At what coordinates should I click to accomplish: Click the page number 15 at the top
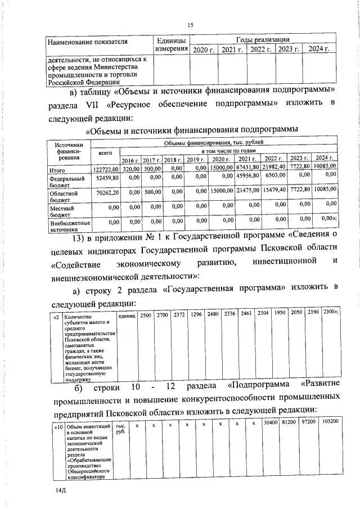tap(190, 25)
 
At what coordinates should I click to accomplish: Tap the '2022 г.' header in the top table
tap(262, 51)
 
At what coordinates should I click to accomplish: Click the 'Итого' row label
tap(57, 168)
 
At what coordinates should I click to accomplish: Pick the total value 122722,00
tap(105, 168)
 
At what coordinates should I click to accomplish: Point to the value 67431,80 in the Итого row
tap(247, 168)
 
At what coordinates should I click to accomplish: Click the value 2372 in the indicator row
tap(179, 313)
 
